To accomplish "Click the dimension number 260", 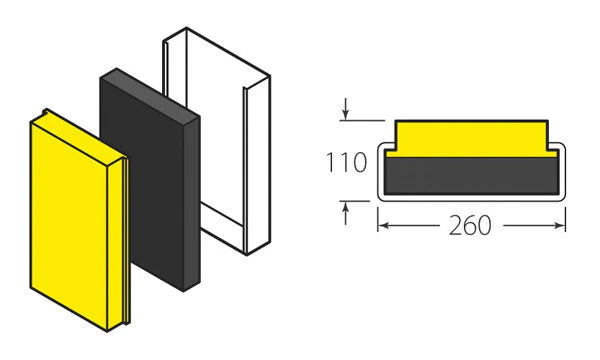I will (470, 226).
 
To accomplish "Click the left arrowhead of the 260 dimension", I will (382, 226).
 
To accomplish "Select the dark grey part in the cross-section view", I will (470, 175).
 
